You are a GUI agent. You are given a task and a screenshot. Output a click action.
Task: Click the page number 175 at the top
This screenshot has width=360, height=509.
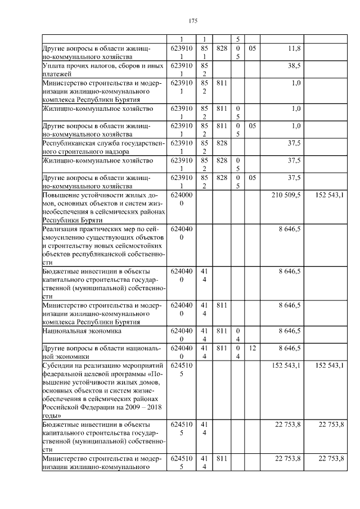click(192, 21)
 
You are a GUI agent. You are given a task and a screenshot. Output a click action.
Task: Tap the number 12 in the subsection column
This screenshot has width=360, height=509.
click(253, 349)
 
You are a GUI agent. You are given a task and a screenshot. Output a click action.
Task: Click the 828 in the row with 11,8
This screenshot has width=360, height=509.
click(221, 49)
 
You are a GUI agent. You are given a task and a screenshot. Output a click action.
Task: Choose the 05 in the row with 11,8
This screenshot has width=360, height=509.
click(253, 49)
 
